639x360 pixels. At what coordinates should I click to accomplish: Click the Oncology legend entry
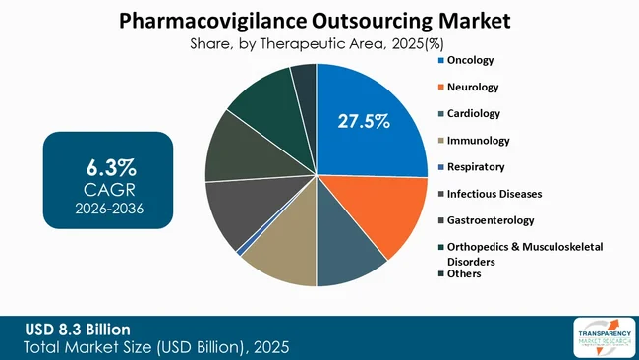point(471,61)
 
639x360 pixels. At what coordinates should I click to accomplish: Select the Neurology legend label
point(473,88)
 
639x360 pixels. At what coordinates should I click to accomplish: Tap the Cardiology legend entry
point(474,114)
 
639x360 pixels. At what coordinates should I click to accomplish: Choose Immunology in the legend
point(478,141)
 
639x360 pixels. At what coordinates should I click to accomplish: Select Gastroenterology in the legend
point(490,220)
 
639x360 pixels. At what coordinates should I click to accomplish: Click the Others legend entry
point(464,273)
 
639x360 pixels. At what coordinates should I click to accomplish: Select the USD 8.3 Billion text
point(80,328)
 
